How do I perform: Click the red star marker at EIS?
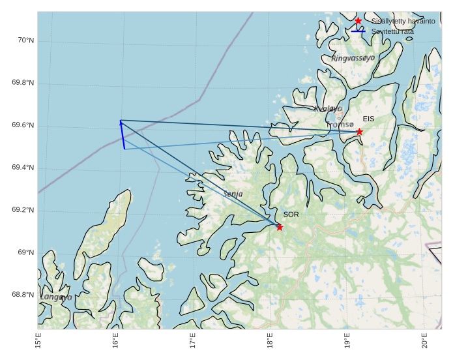click(x=359, y=132)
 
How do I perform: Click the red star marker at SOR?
click(x=280, y=227)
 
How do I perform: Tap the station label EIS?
click(x=369, y=119)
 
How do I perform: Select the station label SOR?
click(x=291, y=215)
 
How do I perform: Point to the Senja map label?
click(x=233, y=194)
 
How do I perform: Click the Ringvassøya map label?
click(x=353, y=58)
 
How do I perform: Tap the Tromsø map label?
click(x=340, y=124)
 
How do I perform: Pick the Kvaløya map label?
click(x=328, y=109)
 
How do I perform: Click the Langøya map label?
click(x=56, y=297)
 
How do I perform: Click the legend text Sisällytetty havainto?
click(x=403, y=22)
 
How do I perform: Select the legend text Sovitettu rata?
click(x=392, y=31)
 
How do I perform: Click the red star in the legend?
click(x=358, y=21)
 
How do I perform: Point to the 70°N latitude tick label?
click(x=25, y=40)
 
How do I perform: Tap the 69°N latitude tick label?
click(x=25, y=252)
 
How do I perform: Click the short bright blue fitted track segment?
click(x=123, y=136)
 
